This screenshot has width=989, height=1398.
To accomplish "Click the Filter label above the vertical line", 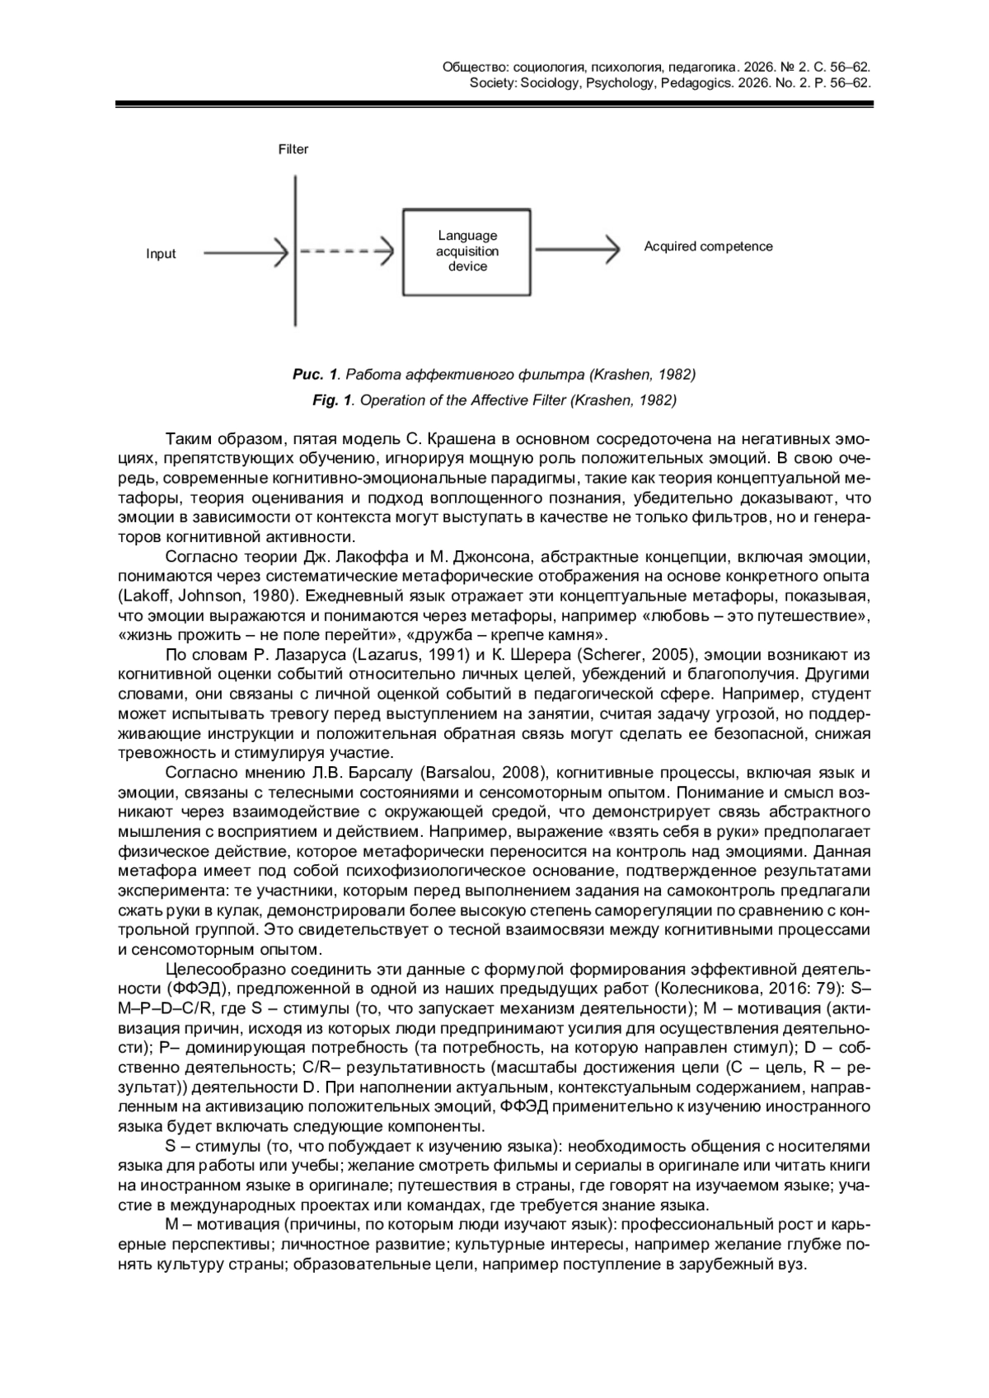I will point(293,149).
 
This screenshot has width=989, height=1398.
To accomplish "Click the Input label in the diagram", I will point(161,254).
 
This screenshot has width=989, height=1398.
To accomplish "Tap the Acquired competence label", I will point(708,246).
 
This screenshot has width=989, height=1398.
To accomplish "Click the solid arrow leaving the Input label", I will point(245,253).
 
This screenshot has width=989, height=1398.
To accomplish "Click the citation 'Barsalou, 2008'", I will point(485,773).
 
